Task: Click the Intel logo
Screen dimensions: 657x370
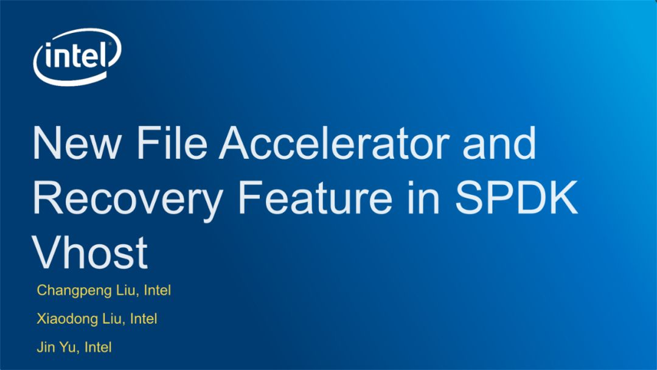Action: pyautogui.click(x=77, y=57)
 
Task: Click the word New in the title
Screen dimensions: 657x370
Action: pyautogui.click(x=77, y=142)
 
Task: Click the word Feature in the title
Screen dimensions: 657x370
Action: pyautogui.click(x=315, y=197)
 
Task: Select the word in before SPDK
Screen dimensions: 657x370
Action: pyautogui.click(x=423, y=197)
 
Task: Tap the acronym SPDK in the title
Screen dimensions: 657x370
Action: pyautogui.click(x=516, y=197)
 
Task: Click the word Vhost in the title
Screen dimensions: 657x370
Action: pyautogui.click(x=89, y=253)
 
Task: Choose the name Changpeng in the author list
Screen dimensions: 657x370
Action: pyautogui.click(x=74, y=291)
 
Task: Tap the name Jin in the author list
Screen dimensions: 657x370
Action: pyautogui.click(x=46, y=347)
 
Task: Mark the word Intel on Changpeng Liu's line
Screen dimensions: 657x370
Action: pyautogui.click(x=157, y=290)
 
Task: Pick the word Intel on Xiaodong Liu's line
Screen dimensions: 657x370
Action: pyautogui.click(x=144, y=318)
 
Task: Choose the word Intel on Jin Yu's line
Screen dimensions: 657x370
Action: pyautogui.click(x=98, y=347)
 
